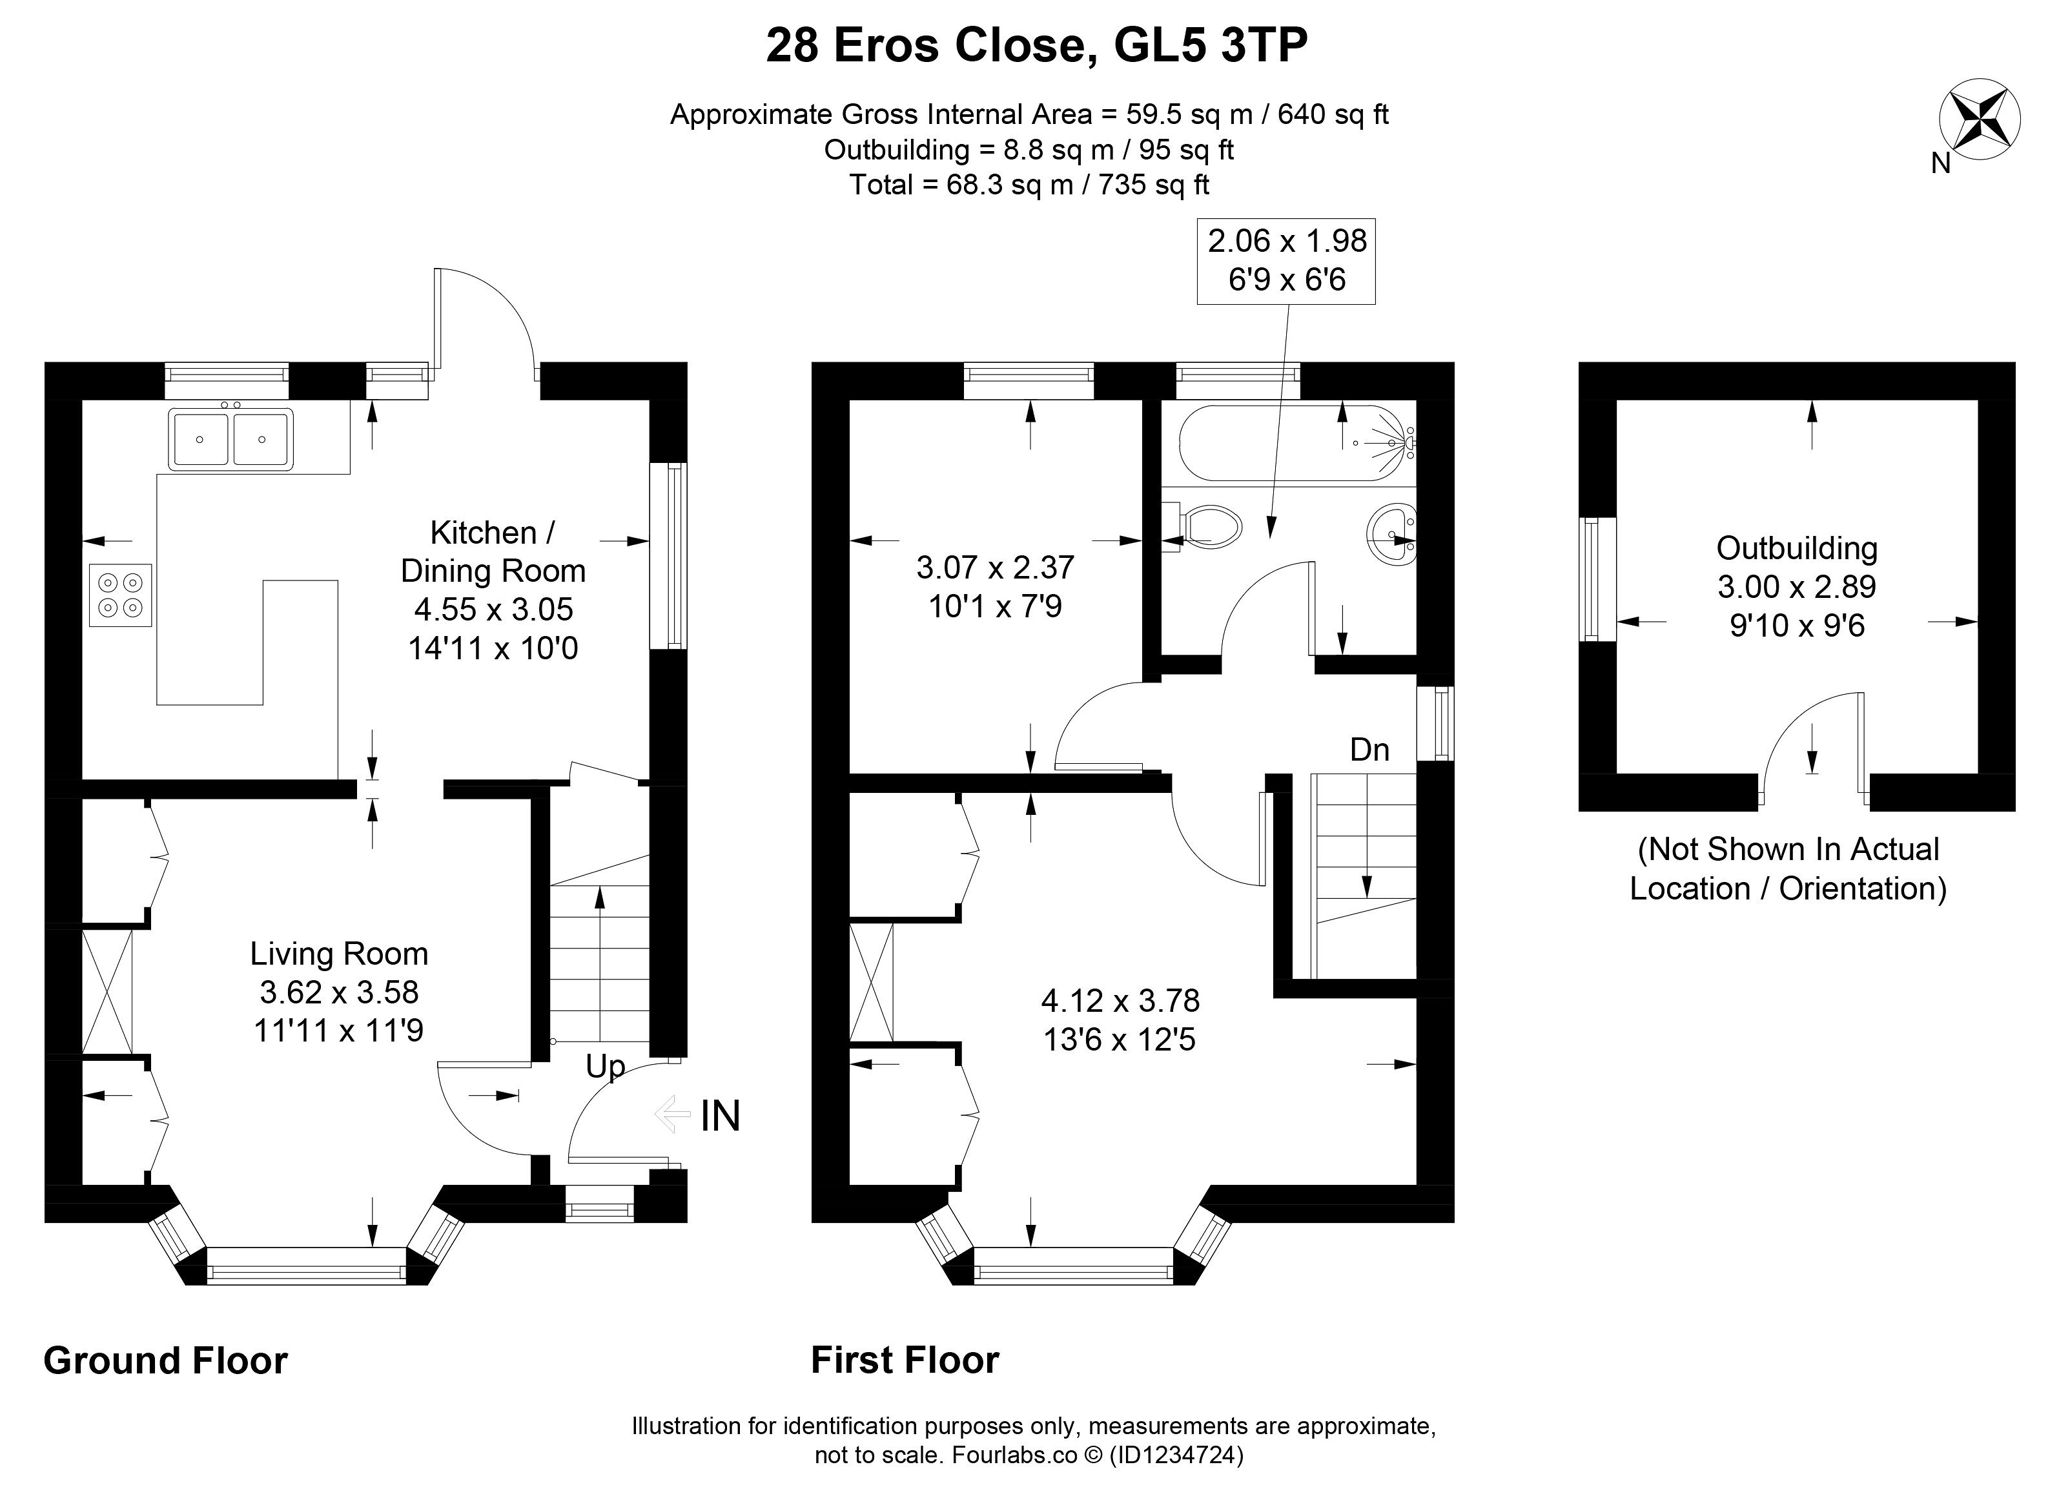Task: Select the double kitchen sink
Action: pyautogui.click(x=231, y=438)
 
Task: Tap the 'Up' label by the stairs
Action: pyautogui.click(x=606, y=1067)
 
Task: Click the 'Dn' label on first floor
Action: pyautogui.click(x=1369, y=750)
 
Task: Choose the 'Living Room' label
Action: pyautogui.click(x=339, y=954)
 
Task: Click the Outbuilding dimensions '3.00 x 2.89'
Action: pyautogui.click(x=1796, y=586)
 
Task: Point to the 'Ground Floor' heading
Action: pyautogui.click(x=165, y=1360)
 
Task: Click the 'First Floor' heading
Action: pyautogui.click(x=905, y=1360)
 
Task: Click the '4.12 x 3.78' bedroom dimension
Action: pyautogui.click(x=1120, y=1001)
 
